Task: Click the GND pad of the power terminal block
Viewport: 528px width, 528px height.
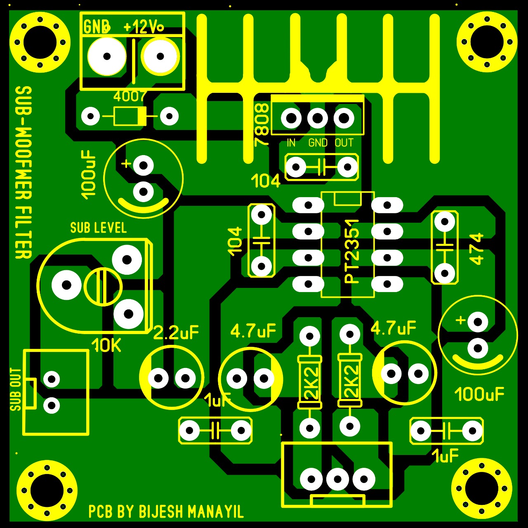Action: tap(107, 57)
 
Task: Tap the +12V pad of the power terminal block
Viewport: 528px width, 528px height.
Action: tap(160, 57)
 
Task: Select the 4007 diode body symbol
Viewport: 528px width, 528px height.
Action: tap(130, 116)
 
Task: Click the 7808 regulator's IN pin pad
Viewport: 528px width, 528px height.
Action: tap(291, 118)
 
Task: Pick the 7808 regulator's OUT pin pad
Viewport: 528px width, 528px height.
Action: tap(344, 118)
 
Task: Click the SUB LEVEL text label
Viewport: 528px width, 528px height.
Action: tap(98, 228)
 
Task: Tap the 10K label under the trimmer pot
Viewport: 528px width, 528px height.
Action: tap(106, 346)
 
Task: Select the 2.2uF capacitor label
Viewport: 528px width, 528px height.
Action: tap(176, 332)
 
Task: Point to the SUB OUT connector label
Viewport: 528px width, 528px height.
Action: tap(16, 389)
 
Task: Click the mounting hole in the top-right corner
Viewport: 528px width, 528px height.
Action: tap(487, 42)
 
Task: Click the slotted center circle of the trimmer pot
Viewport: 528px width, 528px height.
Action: tap(103, 286)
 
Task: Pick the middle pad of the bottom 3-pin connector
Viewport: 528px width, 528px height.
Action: tap(337, 479)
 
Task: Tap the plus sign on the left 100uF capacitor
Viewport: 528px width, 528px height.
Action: tap(126, 164)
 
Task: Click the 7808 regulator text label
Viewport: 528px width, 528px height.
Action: tap(262, 124)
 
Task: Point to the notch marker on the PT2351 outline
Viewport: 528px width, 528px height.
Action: tap(347, 198)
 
